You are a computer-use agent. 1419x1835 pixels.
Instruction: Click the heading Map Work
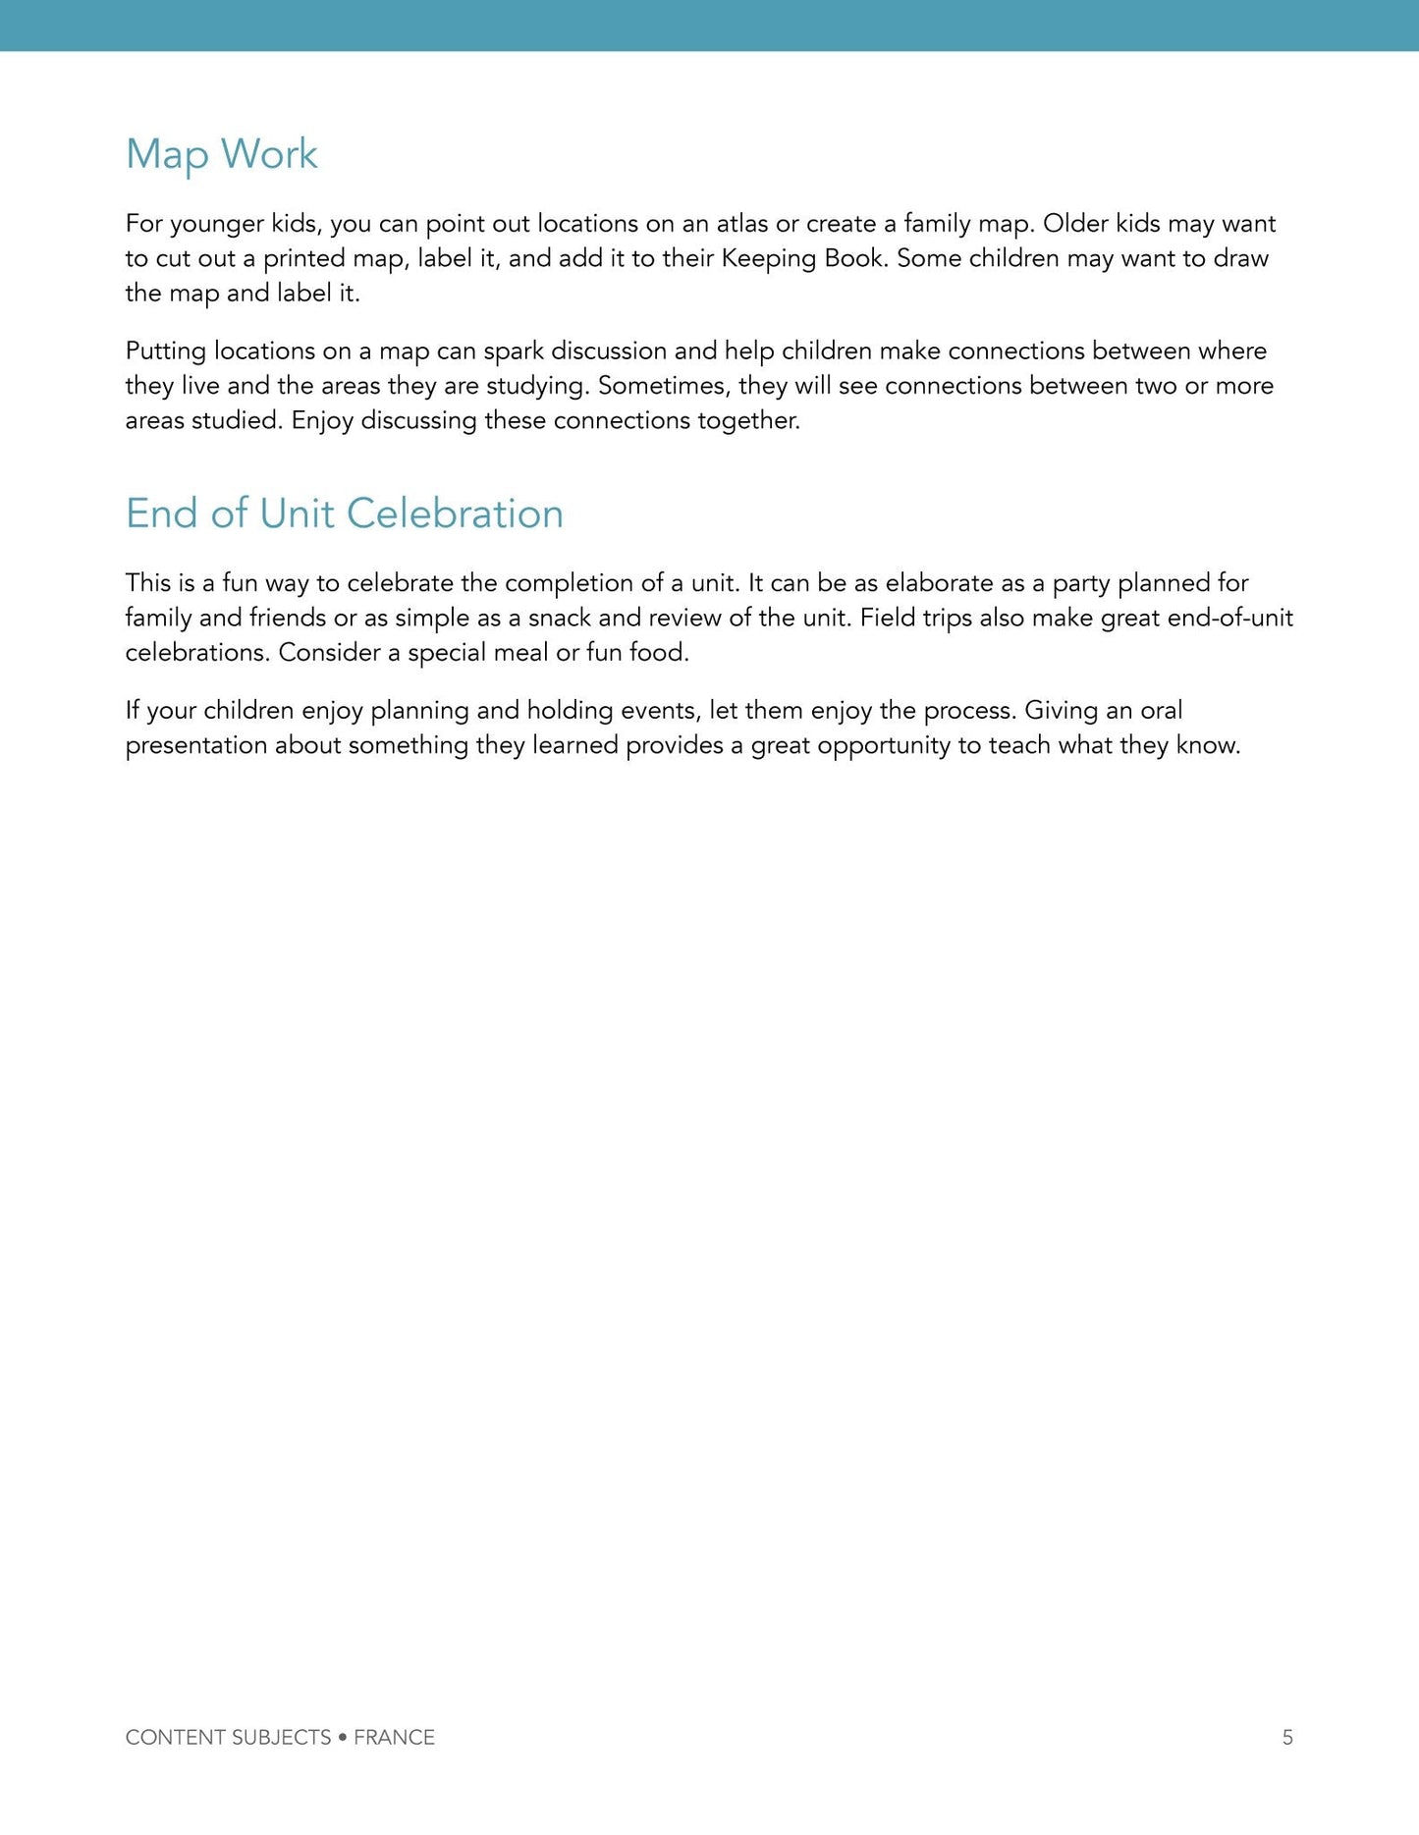[x=221, y=155]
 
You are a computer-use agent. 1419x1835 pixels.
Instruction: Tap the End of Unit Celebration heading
[x=344, y=513]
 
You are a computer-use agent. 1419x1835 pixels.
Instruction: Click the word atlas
[x=741, y=224]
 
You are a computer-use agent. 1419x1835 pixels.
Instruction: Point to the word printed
[x=303, y=259]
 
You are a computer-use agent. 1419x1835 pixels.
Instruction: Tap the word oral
[x=1161, y=711]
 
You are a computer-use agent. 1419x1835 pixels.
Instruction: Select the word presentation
[x=195, y=746]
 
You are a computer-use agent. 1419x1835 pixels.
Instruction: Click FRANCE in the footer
[x=394, y=1737]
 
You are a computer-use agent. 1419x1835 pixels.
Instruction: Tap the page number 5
[x=1287, y=1737]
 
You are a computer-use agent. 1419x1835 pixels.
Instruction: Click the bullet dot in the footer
[x=342, y=1737]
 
